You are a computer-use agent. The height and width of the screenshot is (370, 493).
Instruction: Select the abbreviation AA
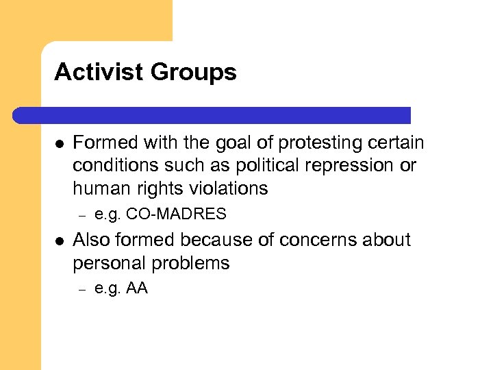pos(137,288)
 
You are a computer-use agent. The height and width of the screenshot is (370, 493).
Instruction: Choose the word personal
pos(109,263)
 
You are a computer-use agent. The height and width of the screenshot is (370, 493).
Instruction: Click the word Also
pos(90,240)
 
